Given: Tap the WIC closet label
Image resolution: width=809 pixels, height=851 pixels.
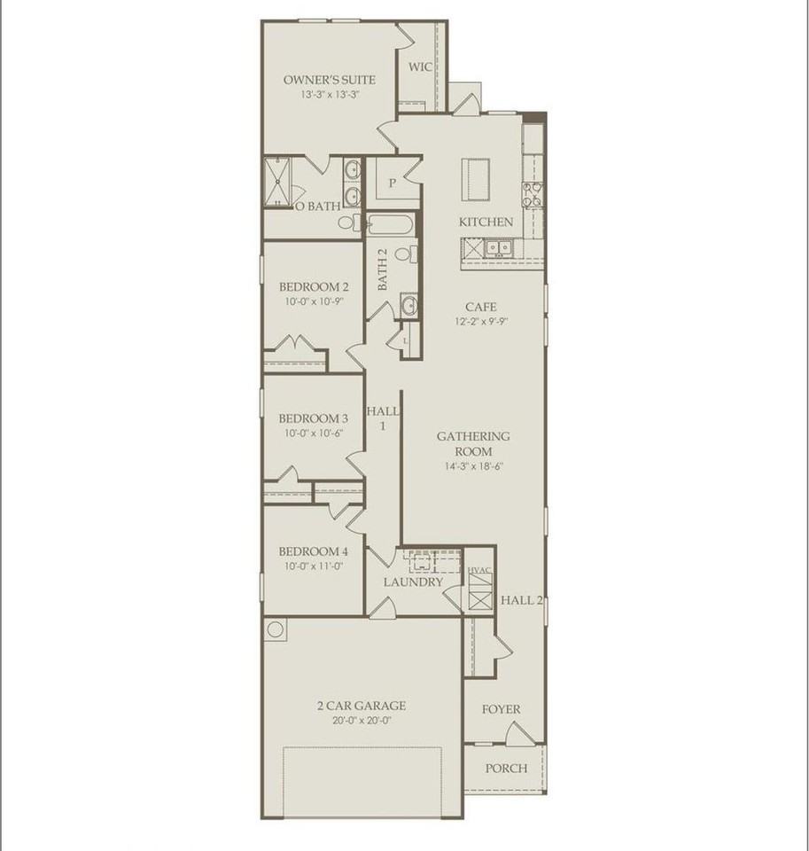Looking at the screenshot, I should tap(420, 66).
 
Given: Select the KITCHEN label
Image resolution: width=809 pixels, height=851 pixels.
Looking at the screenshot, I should tap(486, 222).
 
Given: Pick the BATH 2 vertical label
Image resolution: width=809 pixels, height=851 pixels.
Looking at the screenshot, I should tap(383, 270).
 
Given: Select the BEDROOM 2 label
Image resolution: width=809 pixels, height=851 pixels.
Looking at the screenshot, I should tap(314, 286).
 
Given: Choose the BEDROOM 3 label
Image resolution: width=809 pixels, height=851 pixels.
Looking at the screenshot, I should tap(314, 418).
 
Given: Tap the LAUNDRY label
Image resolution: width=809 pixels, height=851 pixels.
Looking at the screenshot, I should tap(413, 582).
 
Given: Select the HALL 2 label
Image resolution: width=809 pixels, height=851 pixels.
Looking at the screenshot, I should tap(521, 600).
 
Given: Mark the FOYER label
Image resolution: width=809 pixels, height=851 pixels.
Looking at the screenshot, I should tap(501, 709).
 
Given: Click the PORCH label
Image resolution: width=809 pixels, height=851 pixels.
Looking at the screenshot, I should tap(506, 769).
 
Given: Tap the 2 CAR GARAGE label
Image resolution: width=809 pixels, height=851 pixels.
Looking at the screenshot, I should tap(362, 706).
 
